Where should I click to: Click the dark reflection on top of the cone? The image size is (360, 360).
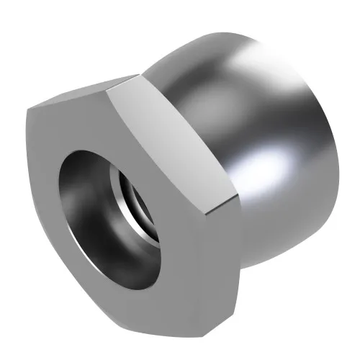coord(216,54)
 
